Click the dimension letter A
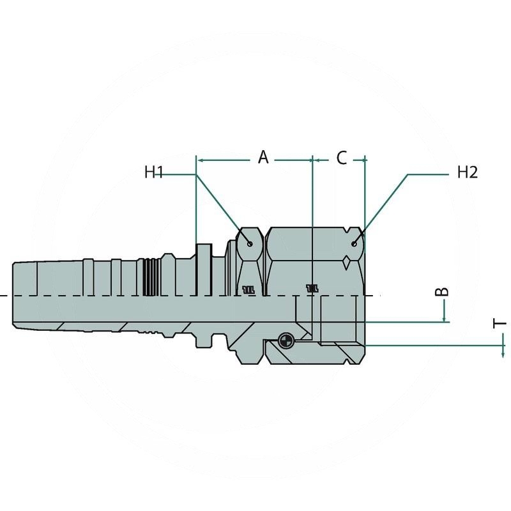263,156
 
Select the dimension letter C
341,157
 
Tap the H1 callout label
155,172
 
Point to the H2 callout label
467,172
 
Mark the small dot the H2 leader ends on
355,243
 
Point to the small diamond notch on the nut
346,261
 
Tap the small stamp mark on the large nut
312,288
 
